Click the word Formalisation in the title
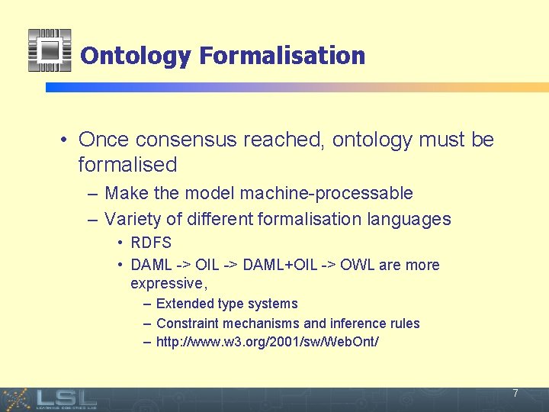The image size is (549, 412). pyautogui.click(x=282, y=56)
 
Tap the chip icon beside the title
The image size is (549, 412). pyautogui.click(x=50, y=50)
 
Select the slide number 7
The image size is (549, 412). pyautogui.click(x=515, y=394)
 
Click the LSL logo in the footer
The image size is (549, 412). pyautogui.click(x=65, y=398)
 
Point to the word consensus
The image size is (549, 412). pyautogui.click(x=178, y=140)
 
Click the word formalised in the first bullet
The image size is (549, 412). pyautogui.click(x=127, y=164)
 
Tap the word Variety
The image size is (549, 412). pyautogui.click(x=133, y=219)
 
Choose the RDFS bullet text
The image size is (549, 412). pyautogui.click(x=151, y=243)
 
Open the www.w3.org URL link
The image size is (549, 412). pyautogui.click(x=267, y=342)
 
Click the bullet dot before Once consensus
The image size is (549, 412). pyautogui.click(x=66, y=140)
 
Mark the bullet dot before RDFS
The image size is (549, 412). pyautogui.click(x=120, y=243)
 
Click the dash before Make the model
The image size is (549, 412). pyautogui.click(x=92, y=193)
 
